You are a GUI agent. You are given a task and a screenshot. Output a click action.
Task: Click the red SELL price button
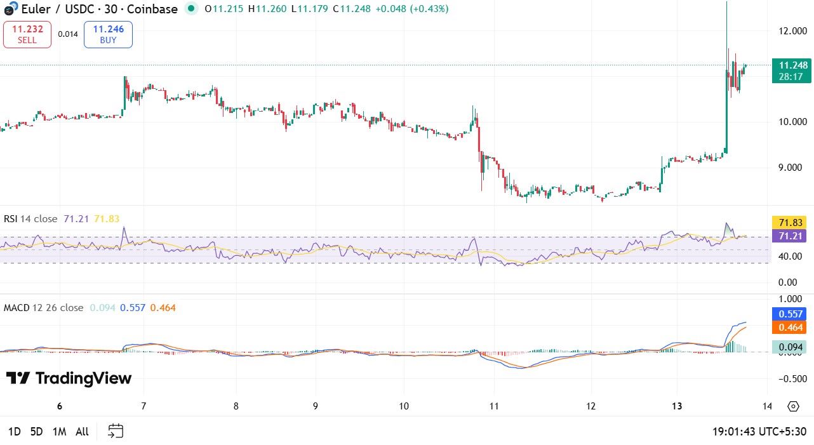(x=27, y=34)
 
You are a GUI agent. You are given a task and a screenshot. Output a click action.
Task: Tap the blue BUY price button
(x=108, y=34)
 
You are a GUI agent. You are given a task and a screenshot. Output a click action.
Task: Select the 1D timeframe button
(x=14, y=432)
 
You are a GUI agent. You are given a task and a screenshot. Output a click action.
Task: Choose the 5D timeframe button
(x=36, y=432)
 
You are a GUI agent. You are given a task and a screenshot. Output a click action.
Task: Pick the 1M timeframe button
(x=59, y=432)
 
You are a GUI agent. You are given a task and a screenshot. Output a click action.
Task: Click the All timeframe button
(x=82, y=432)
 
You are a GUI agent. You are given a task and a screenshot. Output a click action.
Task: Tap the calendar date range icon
(x=115, y=432)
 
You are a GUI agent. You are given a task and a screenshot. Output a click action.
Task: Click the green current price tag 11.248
(x=792, y=70)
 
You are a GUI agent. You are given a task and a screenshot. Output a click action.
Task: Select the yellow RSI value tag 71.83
(x=789, y=223)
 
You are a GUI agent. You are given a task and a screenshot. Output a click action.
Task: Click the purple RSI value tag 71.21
(x=789, y=236)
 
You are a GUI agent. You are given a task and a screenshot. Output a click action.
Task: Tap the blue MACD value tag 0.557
(x=789, y=314)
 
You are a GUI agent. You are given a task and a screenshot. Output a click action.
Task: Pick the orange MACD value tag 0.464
(x=789, y=328)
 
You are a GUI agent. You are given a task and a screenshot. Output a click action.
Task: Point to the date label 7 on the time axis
(x=143, y=406)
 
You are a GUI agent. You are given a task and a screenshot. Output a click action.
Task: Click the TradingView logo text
(x=69, y=379)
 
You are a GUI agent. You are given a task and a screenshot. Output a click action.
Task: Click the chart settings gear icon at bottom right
(x=792, y=406)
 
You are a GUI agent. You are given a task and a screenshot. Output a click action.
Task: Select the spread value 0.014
(x=68, y=34)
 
